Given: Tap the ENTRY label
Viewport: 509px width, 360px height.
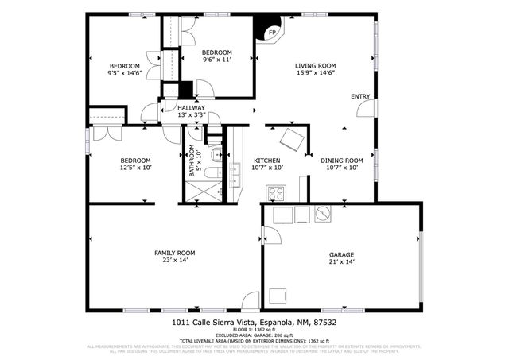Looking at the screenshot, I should pyautogui.click(x=360, y=97).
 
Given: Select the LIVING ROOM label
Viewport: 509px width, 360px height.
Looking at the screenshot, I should pyautogui.click(x=315, y=65).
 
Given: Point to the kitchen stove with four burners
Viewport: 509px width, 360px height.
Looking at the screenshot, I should pyautogui.click(x=277, y=193).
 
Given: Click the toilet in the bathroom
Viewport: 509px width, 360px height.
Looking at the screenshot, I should pyautogui.click(x=214, y=153).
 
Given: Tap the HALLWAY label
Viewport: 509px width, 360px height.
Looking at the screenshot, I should pyautogui.click(x=191, y=108).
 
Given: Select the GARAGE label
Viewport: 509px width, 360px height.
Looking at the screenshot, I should pyautogui.click(x=342, y=254).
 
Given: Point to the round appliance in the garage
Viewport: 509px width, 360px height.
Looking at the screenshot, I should pyautogui.click(x=323, y=214).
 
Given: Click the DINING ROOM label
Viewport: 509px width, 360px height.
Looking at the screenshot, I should pyautogui.click(x=341, y=161).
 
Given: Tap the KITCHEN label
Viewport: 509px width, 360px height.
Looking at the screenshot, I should pyautogui.click(x=266, y=161).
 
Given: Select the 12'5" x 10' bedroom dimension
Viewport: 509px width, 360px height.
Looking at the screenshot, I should pyautogui.click(x=135, y=168).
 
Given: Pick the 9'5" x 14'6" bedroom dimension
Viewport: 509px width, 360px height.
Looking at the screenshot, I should pyautogui.click(x=124, y=73).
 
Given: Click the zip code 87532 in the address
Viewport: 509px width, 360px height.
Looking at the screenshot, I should pyautogui.click(x=324, y=323).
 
